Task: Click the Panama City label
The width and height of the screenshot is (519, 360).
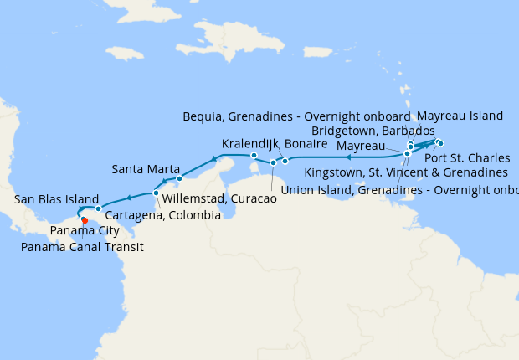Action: click(84, 231)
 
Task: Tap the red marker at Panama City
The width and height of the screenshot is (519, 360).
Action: click(85, 221)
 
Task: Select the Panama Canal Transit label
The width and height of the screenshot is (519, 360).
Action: click(83, 247)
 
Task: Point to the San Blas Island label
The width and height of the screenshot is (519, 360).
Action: click(57, 199)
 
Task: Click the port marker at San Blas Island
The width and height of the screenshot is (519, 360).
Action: click(98, 208)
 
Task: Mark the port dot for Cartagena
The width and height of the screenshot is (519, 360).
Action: click(157, 193)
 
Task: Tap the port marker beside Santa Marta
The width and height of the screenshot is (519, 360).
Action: click(179, 178)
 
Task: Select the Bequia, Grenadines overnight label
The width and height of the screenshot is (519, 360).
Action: click(296, 116)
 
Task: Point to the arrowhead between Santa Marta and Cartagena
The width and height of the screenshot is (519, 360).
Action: click(168, 183)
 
